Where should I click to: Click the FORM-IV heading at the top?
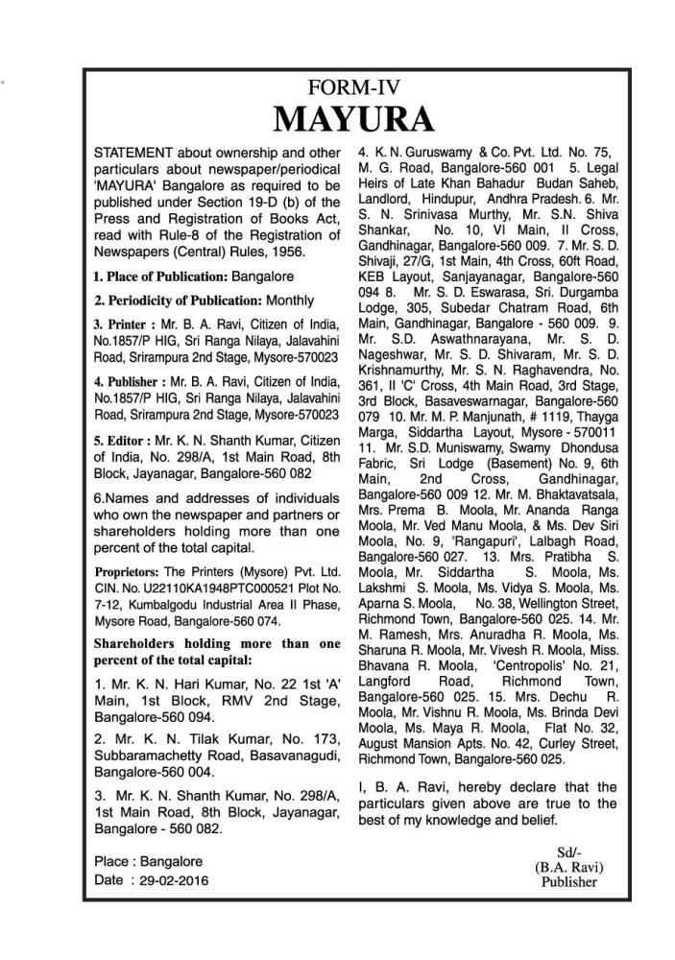coord(353,84)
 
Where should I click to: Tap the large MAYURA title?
coord(353,120)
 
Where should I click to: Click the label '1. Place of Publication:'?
coord(158,277)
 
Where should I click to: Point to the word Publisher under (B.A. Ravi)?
coord(568,880)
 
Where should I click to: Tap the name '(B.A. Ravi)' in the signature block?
coord(568,865)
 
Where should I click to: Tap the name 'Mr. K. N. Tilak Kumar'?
coord(173,740)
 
